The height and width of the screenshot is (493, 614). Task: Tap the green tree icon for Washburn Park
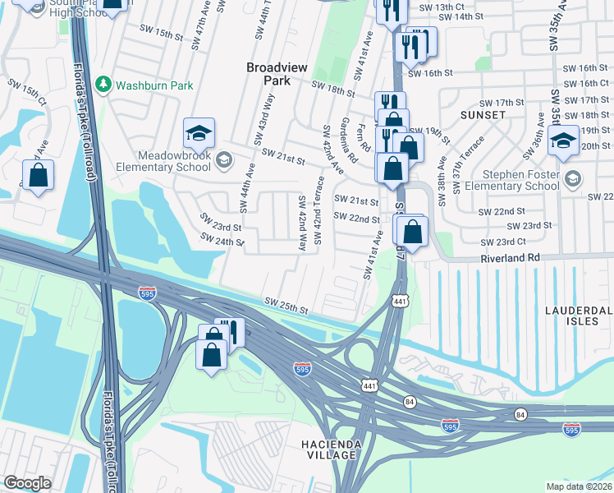click(x=103, y=84)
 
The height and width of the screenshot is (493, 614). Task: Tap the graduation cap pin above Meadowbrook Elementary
click(x=198, y=132)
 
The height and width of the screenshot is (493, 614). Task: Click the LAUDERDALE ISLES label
click(x=579, y=316)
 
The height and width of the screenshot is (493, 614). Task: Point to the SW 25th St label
click(x=285, y=306)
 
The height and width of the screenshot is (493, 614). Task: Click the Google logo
click(x=27, y=482)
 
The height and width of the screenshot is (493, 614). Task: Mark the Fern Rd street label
click(x=365, y=137)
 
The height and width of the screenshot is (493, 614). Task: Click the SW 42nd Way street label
click(x=301, y=223)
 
